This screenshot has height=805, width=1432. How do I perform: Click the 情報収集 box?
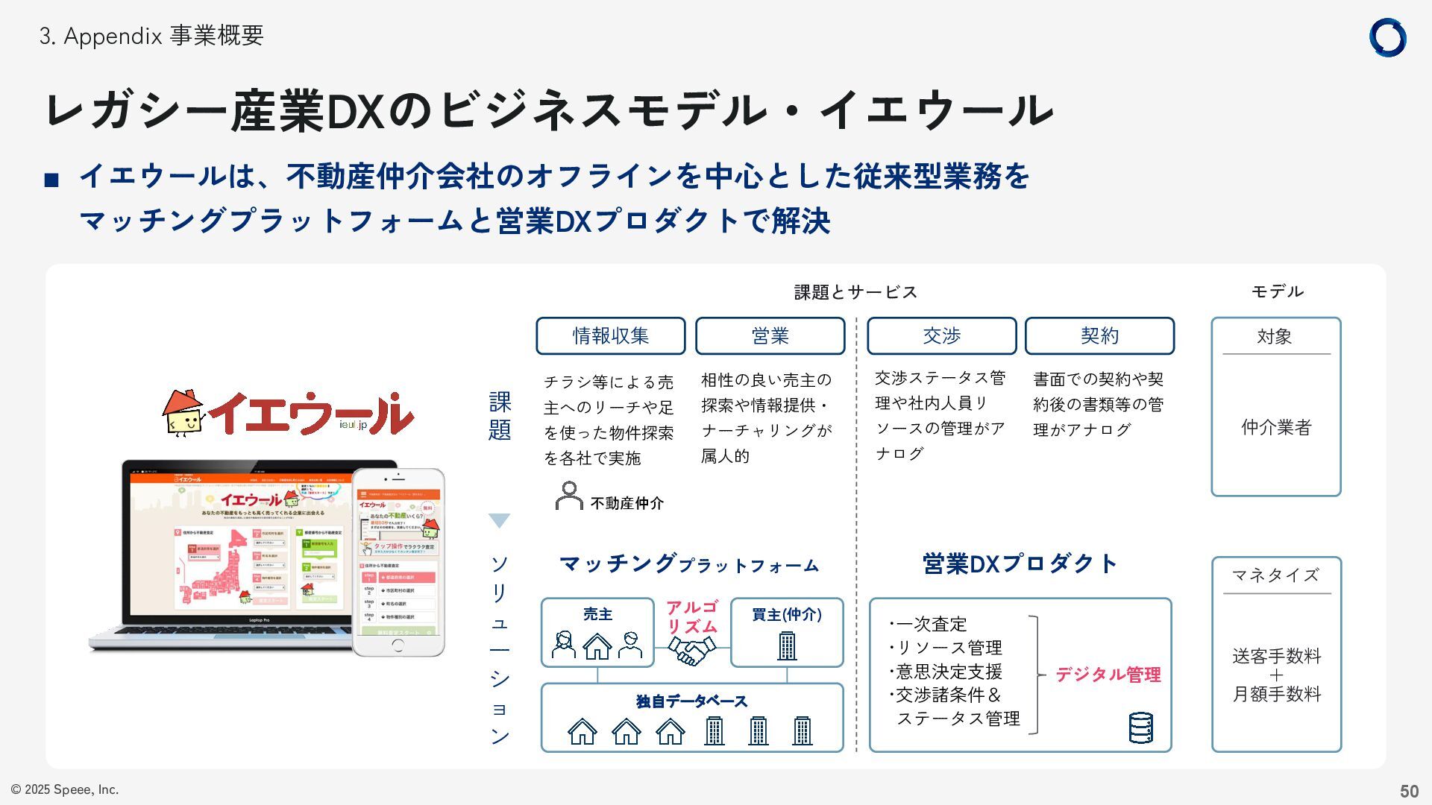(x=610, y=336)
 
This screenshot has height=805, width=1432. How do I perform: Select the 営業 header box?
(x=770, y=336)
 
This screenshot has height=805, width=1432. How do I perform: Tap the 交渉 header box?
(x=941, y=336)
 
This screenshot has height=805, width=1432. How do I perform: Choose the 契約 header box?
(x=1099, y=336)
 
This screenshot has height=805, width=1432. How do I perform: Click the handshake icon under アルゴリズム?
(x=691, y=651)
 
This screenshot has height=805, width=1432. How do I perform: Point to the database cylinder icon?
(x=1140, y=727)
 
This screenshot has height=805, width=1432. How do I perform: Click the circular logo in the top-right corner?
(x=1387, y=37)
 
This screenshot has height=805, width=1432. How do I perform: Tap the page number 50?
(x=1409, y=791)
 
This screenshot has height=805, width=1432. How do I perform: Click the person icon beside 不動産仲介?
(x=569, y=496)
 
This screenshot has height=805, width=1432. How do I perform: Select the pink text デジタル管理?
(x=1108, y=675)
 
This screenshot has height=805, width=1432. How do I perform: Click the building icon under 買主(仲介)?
(x=787, y=645)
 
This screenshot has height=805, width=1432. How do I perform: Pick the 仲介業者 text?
(x=1276, y=427)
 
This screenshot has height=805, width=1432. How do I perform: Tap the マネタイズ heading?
(x=1276, y=575)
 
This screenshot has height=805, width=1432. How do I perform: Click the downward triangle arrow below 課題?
(x=499, y=520)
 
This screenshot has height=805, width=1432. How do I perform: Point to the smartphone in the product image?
(x=398, y=562)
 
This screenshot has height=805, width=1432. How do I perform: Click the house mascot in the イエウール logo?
(x=183, y=413)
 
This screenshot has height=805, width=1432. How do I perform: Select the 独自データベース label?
(x=691, y=701)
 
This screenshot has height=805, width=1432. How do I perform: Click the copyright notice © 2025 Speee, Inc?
(x=65, y=789)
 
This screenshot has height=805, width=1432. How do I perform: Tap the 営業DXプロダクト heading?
(x=1020, y=564)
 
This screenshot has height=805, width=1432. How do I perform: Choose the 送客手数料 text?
(x=1276, y=656)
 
